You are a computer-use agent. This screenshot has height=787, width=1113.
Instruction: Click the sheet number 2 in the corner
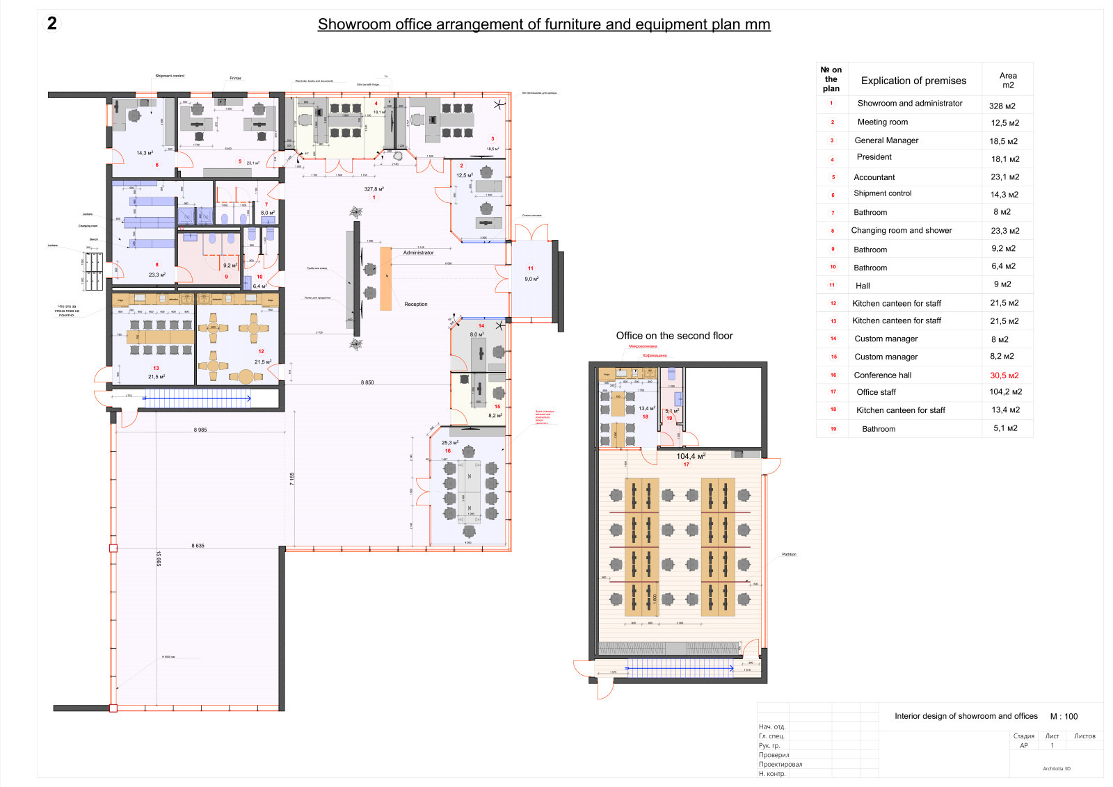tap(51, 24)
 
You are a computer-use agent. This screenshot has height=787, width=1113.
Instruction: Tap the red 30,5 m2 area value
tap(1004, 375)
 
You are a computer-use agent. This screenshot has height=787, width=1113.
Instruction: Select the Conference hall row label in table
tap(882, 375)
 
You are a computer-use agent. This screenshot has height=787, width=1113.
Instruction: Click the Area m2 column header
tap(1007, 80)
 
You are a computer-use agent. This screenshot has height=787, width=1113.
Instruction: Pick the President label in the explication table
tap(874, 157)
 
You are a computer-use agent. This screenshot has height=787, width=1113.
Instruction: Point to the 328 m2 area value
tap(1002, 106)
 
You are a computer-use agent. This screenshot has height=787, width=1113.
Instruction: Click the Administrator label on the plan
tap(418, 253)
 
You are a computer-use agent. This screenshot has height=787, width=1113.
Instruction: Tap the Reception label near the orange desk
tap(416, 305)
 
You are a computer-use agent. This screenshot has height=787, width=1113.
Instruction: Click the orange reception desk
tap(385, 278)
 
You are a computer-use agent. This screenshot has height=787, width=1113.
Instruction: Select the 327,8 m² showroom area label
tap(374, 189)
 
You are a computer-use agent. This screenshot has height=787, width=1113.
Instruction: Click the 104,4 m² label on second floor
tap(690, 457)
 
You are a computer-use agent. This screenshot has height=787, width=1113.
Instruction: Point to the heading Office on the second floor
tap(674, 336)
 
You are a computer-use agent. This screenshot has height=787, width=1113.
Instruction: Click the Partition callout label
tap(789, 555)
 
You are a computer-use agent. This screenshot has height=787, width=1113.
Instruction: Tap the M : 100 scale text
tap(1064, 716)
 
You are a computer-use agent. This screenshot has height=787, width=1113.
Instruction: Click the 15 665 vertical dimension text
tap(159, 558)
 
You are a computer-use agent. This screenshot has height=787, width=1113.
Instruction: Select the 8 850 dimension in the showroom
tap(367, 382)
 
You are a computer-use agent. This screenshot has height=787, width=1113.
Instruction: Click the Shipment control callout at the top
tap(170, 76)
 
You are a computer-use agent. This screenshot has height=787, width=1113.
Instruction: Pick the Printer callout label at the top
tap(235, 79)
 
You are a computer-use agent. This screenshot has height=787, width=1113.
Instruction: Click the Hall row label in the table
tap(863, 286)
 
